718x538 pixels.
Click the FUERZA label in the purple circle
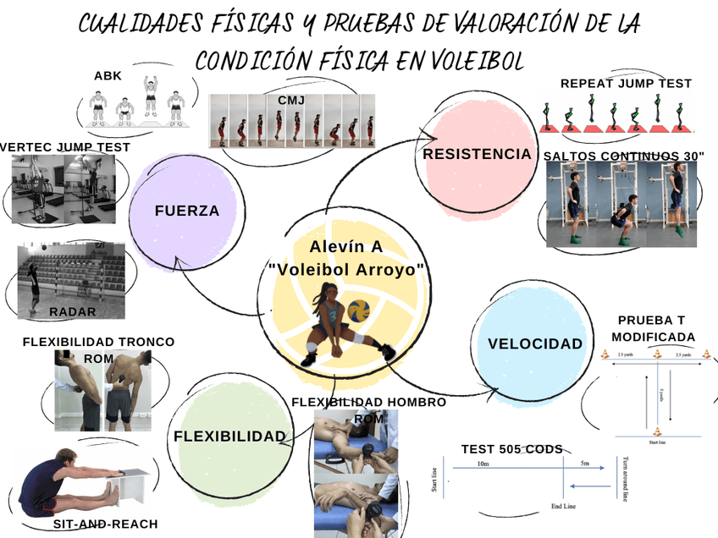pyautogui.click(x=186, y=211)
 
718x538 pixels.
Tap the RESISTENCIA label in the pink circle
pyautogui.click(x=477, y=154)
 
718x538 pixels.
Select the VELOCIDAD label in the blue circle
pyautogui.click(x=535, y=343)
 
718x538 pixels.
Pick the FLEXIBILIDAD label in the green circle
pyautogui.click(x=229, y=436)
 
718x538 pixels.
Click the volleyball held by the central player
pyautogui.click(x=360, y=310)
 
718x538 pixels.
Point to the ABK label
pyautogui.click(x=108, y=76)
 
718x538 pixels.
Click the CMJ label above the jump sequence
pyautogui.click(x=291, y=101)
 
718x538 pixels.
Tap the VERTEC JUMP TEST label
pyautogui.click(x=65, y=147)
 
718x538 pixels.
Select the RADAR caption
pyautogui.click(x=73, y=312)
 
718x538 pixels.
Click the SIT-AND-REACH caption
pyautogui.click(x=105, y=524)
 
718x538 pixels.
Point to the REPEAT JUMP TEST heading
pyautogui.click(x=626, y=84)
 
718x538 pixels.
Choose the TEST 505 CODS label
pyautogui.click(x=511, y=449)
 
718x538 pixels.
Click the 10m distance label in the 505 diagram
pyautogui.click(x=483, y=464)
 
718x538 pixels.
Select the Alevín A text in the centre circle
pyautogui.click(x=345, y=246)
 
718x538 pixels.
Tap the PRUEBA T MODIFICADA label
pyautogui.click(x=656, y=329)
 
